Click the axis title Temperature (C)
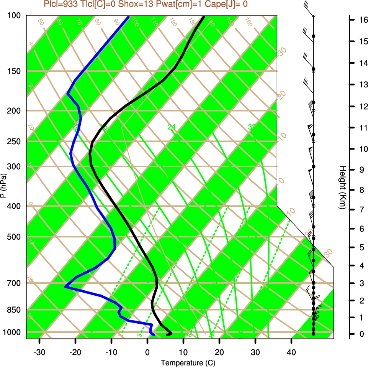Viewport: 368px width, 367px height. (x=185, y=363)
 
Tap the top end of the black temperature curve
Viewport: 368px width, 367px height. (x=204, y=16)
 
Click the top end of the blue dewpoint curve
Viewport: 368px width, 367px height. (x=128, y=16)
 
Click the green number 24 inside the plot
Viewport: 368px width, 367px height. (x=172, y=127)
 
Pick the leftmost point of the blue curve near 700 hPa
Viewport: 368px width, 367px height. (x=65, y=286)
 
